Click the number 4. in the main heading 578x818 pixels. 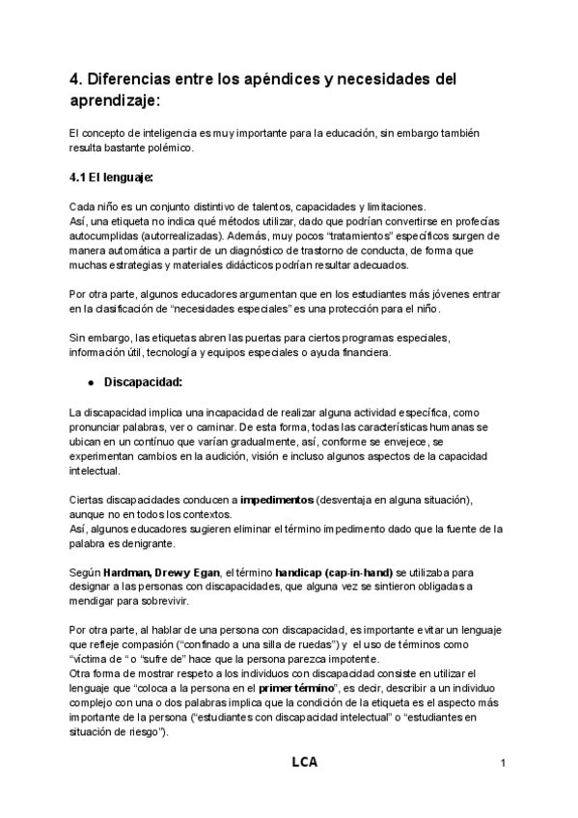click(x=76, y=78)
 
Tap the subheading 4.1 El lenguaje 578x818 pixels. click(x=112, y=177)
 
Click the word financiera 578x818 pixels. click(x=360, y=353)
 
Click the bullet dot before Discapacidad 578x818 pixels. click(x=89, y=382)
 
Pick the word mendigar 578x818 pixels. click(x=94, y=601)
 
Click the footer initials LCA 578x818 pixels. click(x=304, y=763)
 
